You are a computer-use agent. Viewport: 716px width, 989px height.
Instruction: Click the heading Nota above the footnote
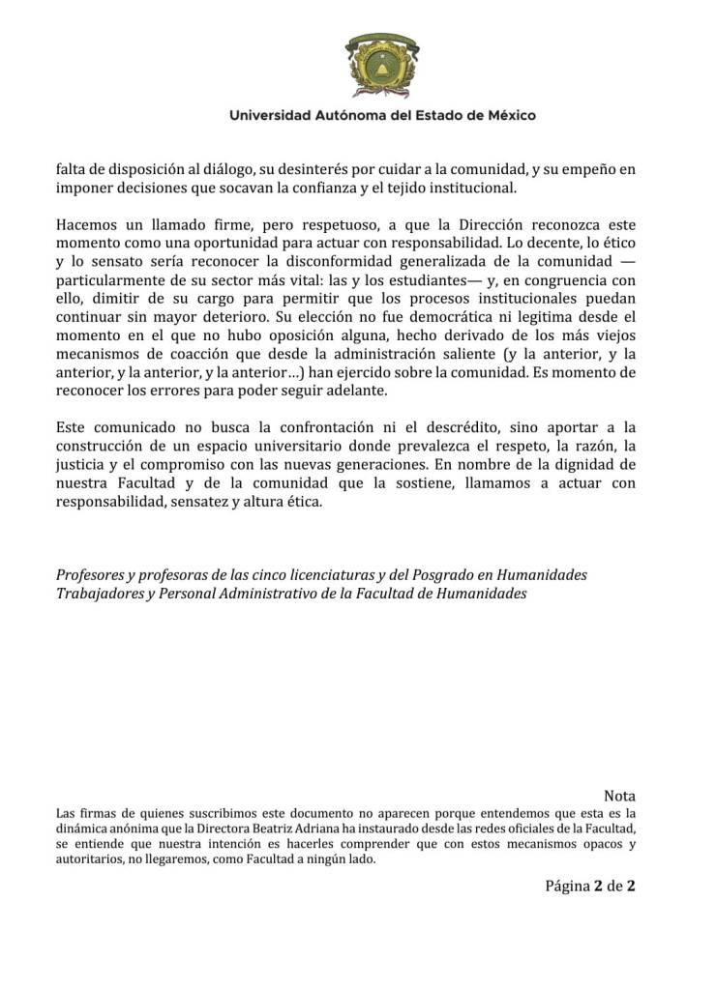[619, 796]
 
